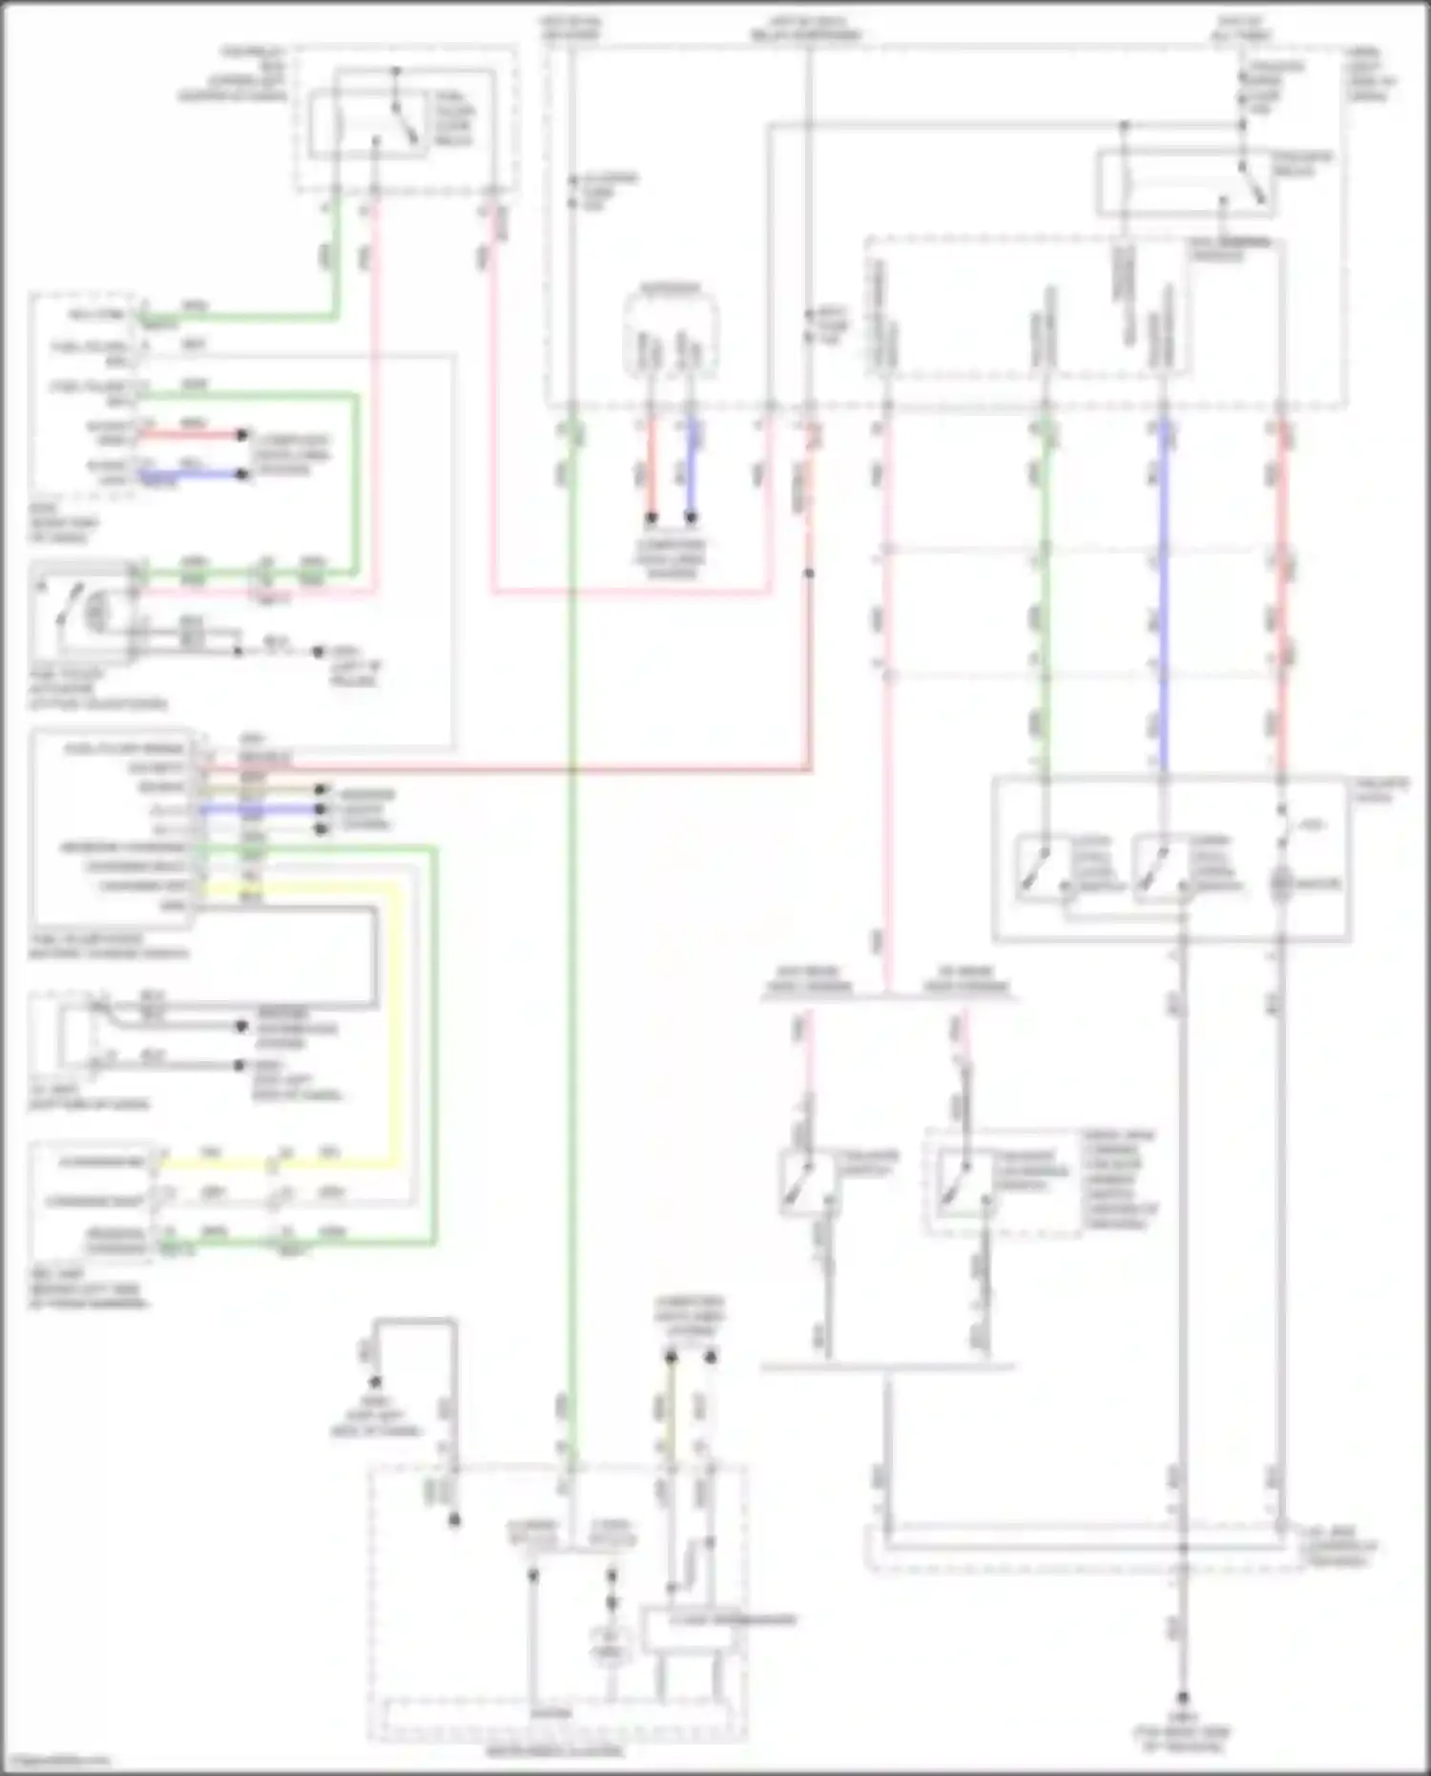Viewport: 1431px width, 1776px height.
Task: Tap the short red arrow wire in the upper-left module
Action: click(191, 435)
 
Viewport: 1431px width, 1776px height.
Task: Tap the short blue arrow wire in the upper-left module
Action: click(191, 473)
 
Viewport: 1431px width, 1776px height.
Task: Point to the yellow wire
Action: click(395, 1050)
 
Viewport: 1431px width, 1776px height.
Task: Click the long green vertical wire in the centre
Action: click(570, 954)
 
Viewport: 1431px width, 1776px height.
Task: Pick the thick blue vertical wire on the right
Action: click(1163, 611)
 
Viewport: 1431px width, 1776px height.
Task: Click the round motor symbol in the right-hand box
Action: click(1280, 884)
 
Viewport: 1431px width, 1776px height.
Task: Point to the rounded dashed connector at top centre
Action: click(670, 334)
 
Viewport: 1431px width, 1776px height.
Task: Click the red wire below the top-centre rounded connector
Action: click(652, 472)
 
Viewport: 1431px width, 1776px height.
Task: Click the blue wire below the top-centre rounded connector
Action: click(691, 472)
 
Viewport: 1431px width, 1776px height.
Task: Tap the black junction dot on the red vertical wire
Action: click(809, 574)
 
